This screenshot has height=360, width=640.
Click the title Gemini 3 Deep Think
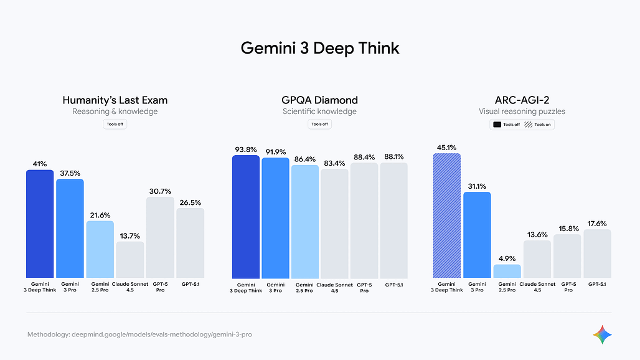pyautogui.click(x=319, y=49)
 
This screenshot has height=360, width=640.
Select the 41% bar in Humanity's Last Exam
pyautogui.click(x=40, y=224)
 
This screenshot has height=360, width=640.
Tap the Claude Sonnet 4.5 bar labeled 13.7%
pyautogui.click(x=130, y=260)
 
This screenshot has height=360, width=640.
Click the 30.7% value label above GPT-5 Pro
pyautogui.click(x=159, y=191)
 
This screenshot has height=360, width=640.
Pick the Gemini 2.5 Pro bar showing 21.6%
pyautogui.click(x=100, y=249)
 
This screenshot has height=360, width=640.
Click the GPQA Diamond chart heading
pyautogui.click(x=319, y=100)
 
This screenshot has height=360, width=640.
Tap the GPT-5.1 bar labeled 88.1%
pyautogui.click(x=393, y=220)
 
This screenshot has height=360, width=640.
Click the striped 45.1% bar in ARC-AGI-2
pyautogui.click(x=446, y=216)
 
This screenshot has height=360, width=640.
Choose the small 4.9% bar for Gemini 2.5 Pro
pyautogui.click(x=507, y=272)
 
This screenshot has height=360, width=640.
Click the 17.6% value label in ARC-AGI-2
pyautogui.click(x=596, y=224)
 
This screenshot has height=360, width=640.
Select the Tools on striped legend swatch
pyautogui.click(x=529, y=125)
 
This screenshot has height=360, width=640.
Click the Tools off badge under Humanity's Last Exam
pyautogui.click(x=115, y=124)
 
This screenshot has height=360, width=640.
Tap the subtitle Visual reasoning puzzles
pyautogui.click(x=522, y=111)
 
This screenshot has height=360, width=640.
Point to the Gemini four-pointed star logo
pyautogui.click(x=602, y=334)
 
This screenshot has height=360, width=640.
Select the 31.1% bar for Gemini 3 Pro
pyautogui.click(x=477, y=235)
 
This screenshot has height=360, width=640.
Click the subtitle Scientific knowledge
pyautogui.click(x=319, y=111)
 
